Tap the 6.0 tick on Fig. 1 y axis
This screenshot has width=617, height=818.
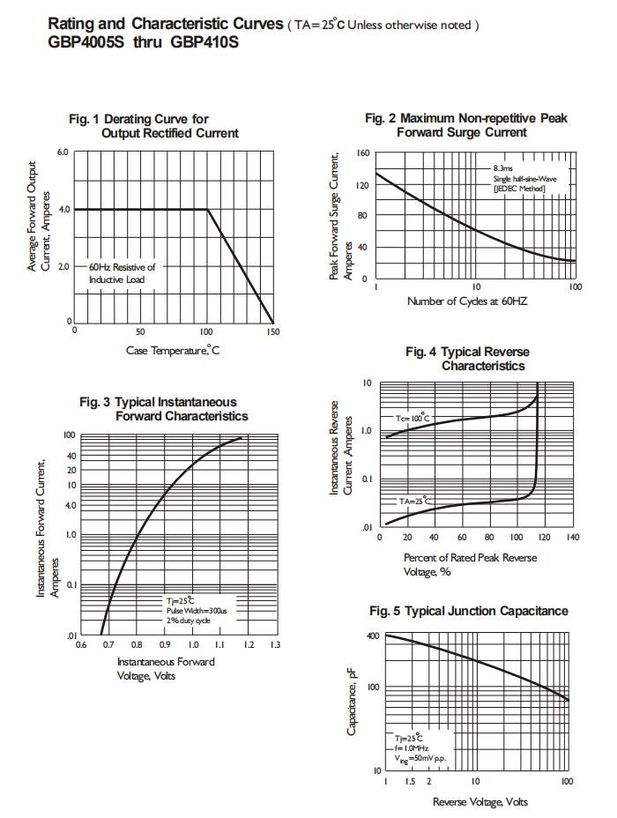(63, 152)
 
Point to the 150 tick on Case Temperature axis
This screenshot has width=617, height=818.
(272, 332)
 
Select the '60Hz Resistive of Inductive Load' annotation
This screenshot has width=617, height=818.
(122, 272)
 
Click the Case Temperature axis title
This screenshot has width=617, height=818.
(173, 351)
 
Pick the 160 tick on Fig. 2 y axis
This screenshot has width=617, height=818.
(362, 153)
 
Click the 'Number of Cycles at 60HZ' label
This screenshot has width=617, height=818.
(468, 301)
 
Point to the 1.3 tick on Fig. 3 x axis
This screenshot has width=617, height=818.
(274, 645)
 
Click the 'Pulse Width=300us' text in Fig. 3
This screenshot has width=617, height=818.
(197, 610)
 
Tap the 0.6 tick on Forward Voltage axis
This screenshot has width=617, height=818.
(81, 645)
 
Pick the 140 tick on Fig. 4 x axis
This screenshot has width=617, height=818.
(572, 537)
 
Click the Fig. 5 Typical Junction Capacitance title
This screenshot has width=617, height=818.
(468, 611)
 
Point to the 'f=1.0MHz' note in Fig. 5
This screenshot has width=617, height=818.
(413, 747)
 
